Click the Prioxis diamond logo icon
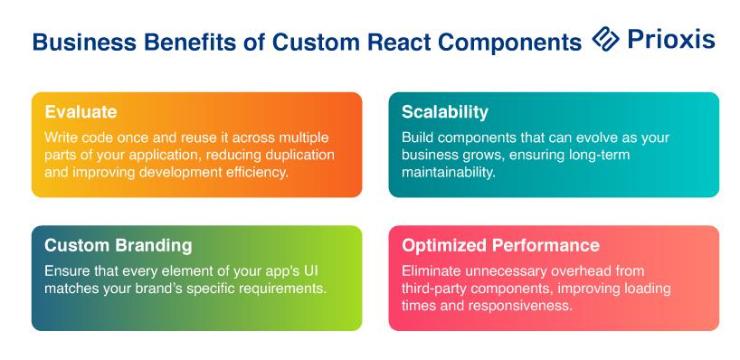[605, 38]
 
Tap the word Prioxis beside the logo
[671, 39]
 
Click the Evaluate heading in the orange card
[81, 112]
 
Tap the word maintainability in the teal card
[449, 172]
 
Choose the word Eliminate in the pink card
[432, 271]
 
